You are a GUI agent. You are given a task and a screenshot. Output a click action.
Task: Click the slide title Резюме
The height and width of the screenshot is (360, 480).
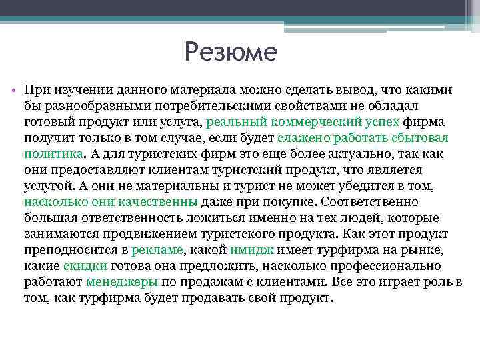(x=230, y=51)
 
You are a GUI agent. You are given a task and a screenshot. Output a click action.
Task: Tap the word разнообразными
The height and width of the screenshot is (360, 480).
(x=92, y=106)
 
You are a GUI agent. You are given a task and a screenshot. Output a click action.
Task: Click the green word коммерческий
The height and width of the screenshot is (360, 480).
(x=316, y=122)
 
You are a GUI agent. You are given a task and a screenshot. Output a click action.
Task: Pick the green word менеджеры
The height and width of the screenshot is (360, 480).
(x=121, y=282)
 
